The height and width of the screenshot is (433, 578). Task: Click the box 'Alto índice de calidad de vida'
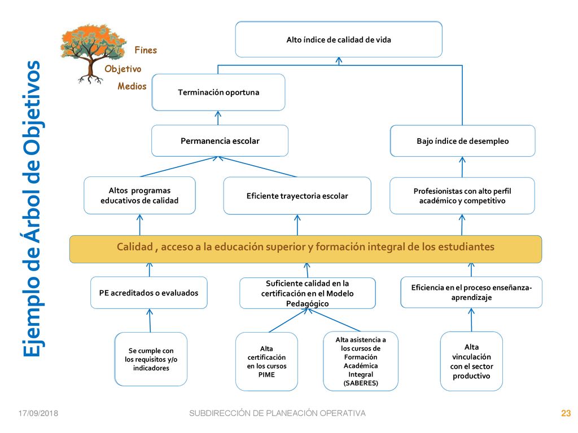pyautogui.click(x=339, y=39)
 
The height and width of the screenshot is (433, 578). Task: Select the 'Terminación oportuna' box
pyautogui.click(x=218, y=92)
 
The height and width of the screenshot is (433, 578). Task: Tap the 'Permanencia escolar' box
pyautogui.click(x=220, y=140)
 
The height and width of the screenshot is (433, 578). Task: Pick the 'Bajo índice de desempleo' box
pyautogui.click(x=463, y=141)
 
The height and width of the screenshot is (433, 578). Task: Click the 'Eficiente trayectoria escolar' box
pyautogui.click(x=297, y=196)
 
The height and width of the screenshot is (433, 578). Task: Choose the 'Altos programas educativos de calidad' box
pyautogui.click(x=139, y=196)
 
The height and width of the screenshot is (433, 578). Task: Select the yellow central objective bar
pyautogui.click(x=305, y=249)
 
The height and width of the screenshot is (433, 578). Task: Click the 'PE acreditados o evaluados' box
pyautogui.click(x=148, y=293)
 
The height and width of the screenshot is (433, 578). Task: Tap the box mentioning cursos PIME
pyautogui.click(x=266, y=361)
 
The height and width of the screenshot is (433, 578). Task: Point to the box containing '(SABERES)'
pyautogui.click(x=361, y=361)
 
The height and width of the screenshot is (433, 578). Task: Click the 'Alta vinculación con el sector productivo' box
pyautogui.click(x=471, y=361)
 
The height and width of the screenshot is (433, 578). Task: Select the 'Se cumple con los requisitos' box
pyautogui.click(x=151, y=359)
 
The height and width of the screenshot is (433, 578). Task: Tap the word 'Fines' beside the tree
pyautogui.click(x=146, y=50)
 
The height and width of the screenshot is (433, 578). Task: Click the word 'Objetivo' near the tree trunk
pyautogui.click(x=122, y=69)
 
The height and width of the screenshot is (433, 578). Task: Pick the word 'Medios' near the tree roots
pyautogui.click(x=132, y=86)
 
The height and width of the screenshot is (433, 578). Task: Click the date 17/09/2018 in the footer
pyautogui.click(x=38, y=413)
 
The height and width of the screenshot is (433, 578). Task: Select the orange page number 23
pyautogui.click(x=566, y=413)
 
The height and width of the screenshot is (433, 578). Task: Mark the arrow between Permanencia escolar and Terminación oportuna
pyautogui.click(x=218, y=118)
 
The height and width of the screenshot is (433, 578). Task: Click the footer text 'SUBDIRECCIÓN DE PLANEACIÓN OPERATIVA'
pyautogui.click(x=277, y=413)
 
